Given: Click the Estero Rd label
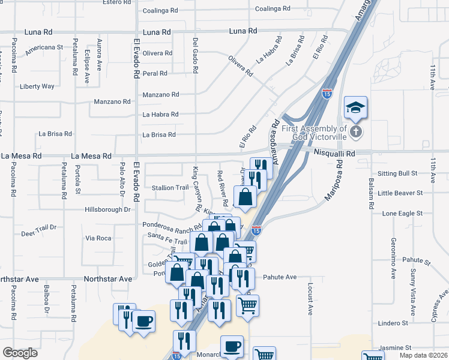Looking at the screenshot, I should [116, 2].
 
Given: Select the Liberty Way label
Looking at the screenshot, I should [37, 86].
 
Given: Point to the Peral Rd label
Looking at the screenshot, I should [155, 73].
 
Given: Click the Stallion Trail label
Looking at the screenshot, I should [170, 188].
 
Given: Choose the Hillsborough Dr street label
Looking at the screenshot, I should [107, 209].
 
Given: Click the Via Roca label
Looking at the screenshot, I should [98, 238].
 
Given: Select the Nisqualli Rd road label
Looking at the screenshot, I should [334, 154].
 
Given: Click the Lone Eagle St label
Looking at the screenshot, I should [402, 213].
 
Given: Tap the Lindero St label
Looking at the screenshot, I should [394, 323].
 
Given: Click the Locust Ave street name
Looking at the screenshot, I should [310, 299].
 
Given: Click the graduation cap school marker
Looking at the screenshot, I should [355, 107].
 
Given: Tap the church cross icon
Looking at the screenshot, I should [356, 132].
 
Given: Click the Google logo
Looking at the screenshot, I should [20, 353].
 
